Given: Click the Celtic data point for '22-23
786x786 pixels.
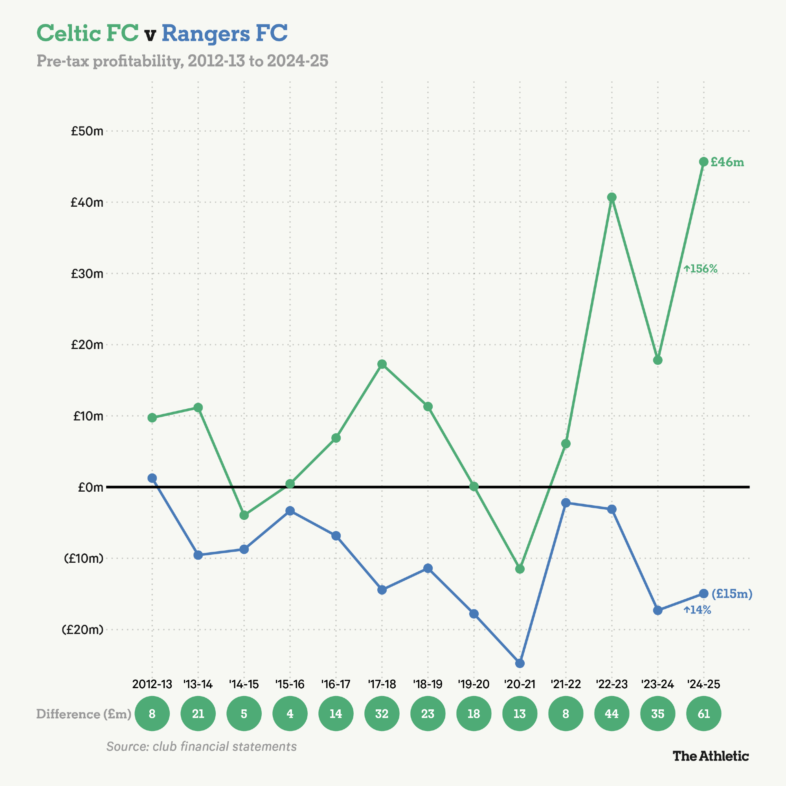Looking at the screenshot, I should pyautogui.click(x=612, y=197).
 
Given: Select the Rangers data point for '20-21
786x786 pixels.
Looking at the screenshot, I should pyautogui.click(x=520, y=663).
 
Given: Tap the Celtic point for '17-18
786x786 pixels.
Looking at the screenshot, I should pyautogui.click(x=382, y=364).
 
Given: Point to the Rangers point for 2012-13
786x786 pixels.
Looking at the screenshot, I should pyautogui.click(x=152, y=478).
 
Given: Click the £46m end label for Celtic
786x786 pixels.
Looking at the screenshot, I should pyautogui.click(x=727, y=162).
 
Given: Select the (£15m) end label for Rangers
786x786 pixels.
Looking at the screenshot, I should pyautogui.click(x=731, y=593).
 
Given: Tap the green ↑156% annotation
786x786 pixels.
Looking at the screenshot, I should pyautogui.click(x=700, y=268).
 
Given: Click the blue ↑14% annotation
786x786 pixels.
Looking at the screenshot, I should pyautogui.click(x=697, y=610).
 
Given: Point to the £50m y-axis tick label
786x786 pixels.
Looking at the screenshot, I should pyautogui.click(x=87, y=131).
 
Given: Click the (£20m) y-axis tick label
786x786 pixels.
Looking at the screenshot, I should pyautogui.click(x=83, y=629).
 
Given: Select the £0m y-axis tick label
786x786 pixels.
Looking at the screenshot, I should pyautogui.click(x=90, y=487).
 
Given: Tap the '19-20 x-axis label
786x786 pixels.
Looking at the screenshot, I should pyautogui.click(x=474, y=684).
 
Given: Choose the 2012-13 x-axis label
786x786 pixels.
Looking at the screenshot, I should pyautogui.click(x=152, y=684).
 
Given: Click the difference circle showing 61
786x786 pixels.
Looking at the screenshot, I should pyautogui.click(x=703, y=714).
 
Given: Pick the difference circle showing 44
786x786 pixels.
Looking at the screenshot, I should pyautogui.click(x=612, y=714).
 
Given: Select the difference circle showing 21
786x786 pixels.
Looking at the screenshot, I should pyautogui.click(x=198, y=714).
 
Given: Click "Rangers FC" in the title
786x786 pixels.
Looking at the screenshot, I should pyautogui.click(x=224, y=33).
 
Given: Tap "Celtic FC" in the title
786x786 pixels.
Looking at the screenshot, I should pyautogui.click(x=88, y=33).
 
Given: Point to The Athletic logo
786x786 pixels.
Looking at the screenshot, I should pyautogui.click(x=710, y=756).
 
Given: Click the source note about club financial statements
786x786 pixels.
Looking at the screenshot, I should pyautogui.click(x=201, y=746).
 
